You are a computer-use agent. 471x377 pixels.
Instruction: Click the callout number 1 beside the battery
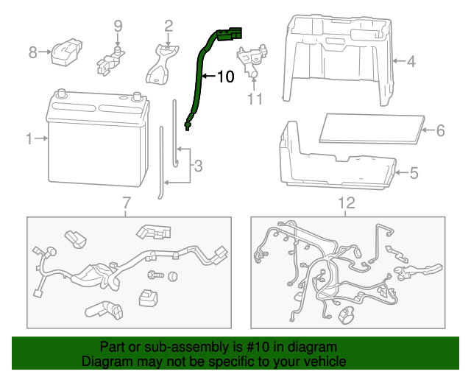pos(29,138)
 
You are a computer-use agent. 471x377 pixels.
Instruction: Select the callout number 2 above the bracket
pos(169,27)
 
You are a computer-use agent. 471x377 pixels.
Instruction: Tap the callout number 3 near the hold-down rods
pos(197,167)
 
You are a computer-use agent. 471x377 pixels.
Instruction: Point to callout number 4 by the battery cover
pos(411,62)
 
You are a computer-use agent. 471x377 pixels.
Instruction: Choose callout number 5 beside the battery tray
pos(413,173)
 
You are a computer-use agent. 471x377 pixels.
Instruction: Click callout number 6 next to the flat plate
pos(440,130)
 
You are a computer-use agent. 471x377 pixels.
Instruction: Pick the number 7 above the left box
pos(126,202)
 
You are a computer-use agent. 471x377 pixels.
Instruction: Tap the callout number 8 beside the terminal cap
pos(32,52)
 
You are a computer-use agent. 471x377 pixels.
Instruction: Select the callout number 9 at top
pos(117,27)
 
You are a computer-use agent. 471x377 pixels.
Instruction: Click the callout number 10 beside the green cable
pos(224,76)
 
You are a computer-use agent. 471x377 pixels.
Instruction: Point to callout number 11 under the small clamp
pos(255,99)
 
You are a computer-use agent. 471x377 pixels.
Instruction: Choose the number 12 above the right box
pos(346,202)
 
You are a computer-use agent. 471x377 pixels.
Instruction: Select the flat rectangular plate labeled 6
pos(372,127)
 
